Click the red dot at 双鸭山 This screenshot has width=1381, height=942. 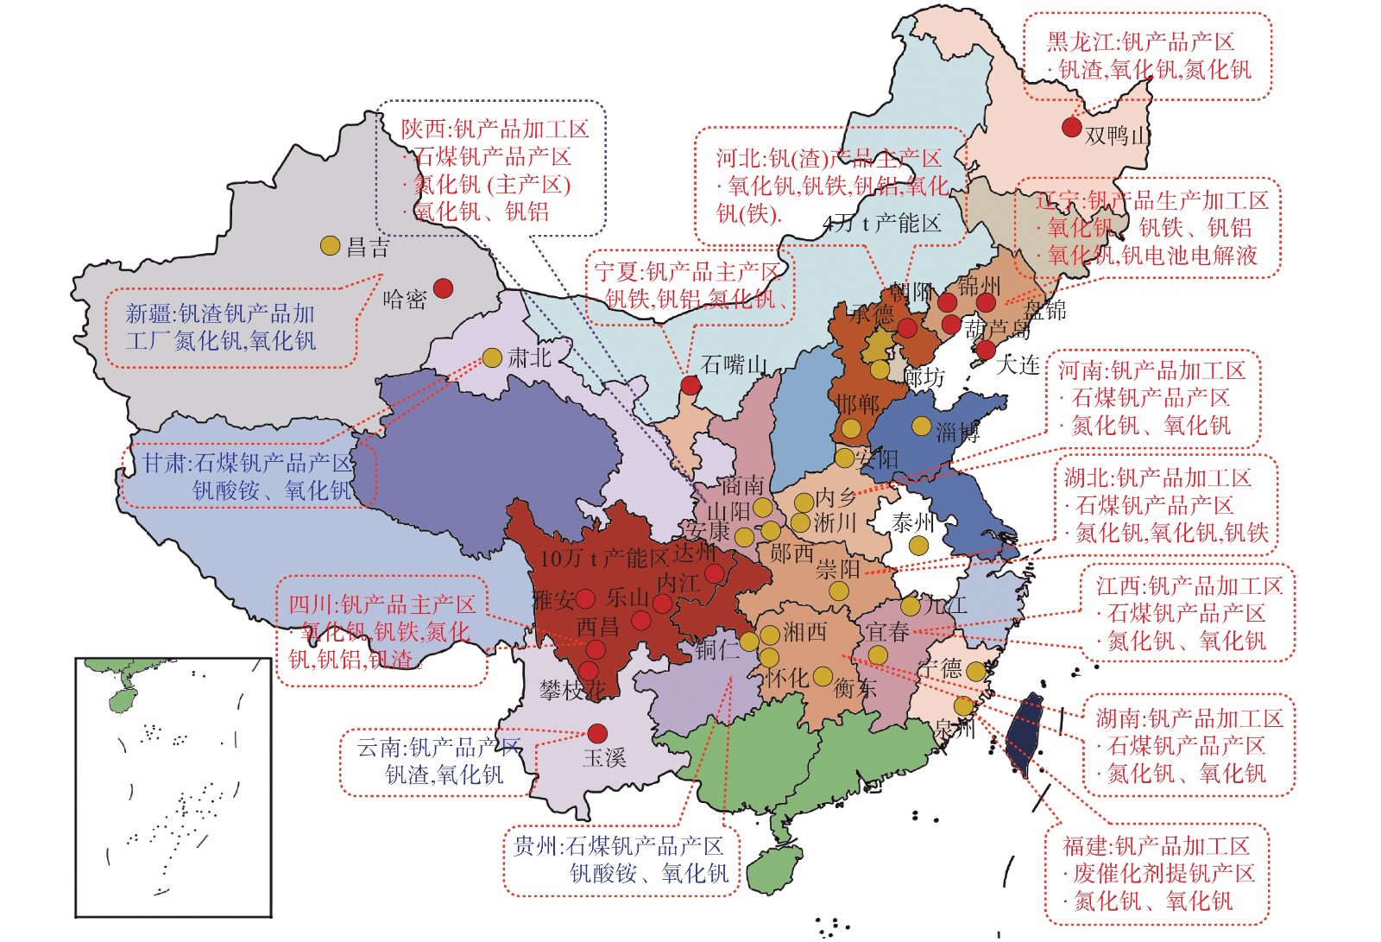[1071, 127]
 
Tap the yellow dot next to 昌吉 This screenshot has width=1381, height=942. [330, 246]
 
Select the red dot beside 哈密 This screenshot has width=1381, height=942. [443, 288]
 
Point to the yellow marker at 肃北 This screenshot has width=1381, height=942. [492, 357]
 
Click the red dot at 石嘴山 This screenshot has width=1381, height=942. [690, 385]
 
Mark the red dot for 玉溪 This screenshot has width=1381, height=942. [597, 734]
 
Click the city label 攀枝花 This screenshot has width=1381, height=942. [571, 690]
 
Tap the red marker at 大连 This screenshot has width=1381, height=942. [986, 350]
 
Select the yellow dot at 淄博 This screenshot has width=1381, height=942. [922, 426]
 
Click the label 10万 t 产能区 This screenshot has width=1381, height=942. [603, 559]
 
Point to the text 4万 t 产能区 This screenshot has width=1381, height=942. [881, 224]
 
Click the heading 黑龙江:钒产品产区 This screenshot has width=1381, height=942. [1140, 41]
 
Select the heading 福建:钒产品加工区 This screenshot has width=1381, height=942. [1156, 846]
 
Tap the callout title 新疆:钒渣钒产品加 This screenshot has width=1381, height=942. [220, 313]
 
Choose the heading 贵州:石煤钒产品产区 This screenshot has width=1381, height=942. [618, 846]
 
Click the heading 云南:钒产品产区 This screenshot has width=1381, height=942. [438, 747]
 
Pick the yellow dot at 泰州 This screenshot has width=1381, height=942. [918, 546]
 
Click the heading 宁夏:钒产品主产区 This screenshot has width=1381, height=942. [687, 272]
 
